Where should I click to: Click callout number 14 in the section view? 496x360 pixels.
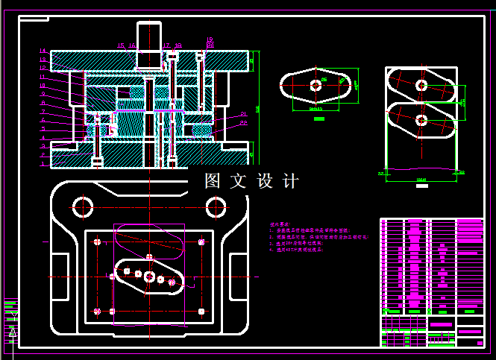click(43, 51)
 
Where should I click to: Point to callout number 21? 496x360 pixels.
click(243, 114)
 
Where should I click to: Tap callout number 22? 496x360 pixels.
click(243, 123)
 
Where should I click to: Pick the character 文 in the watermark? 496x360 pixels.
click(239, 181)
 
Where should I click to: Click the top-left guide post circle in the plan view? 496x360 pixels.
click(82, 205)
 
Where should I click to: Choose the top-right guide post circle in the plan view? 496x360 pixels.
click(216, 205)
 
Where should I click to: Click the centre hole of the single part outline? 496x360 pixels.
click(316, 85)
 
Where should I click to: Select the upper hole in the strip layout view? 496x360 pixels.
click(421, 86)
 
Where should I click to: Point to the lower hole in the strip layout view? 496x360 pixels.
click(421, 119)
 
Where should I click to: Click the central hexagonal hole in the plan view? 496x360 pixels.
click(150, 277)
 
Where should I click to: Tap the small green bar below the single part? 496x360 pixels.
click(319, 119)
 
